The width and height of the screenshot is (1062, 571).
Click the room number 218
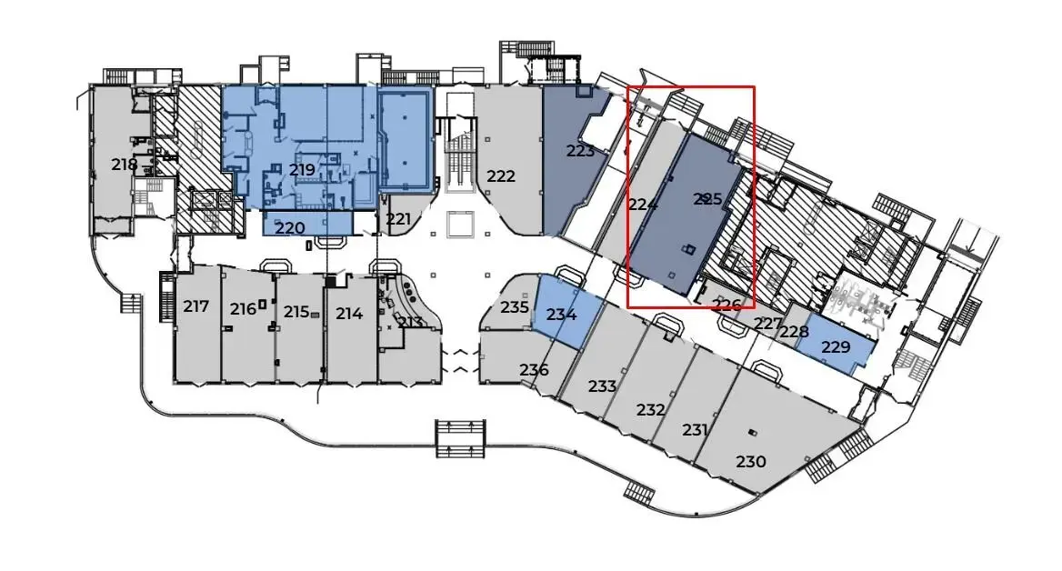click(125, 164)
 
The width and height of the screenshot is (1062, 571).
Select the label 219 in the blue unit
click(302, 169)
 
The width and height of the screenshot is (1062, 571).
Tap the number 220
click(290, 228)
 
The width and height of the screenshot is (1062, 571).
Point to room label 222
click(501, 176)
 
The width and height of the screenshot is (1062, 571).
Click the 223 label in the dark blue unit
click(580, 150)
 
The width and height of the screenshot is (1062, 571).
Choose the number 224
click(643, 203)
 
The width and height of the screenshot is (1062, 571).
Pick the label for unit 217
click(195, 306)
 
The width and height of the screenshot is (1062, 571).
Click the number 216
click(243, 309)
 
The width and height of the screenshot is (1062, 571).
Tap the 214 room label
click(349, 314)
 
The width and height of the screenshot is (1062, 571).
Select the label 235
click(515, 306)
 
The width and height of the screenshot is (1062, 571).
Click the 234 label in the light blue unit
click(562, 315)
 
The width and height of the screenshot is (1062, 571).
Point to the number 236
click(534, 370)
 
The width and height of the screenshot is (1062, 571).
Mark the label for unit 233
click(602, 386)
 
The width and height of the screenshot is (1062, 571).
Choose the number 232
click(650, 409)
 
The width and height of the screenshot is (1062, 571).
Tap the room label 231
click(695, 429)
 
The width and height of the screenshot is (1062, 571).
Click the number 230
click(750, 461)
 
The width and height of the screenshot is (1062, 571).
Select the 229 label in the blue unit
click(835, 346)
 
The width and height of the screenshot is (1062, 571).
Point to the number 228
click(794, 331)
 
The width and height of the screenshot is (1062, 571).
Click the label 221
click(398, 219)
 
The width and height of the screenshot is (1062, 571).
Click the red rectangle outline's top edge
click(691, 86)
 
